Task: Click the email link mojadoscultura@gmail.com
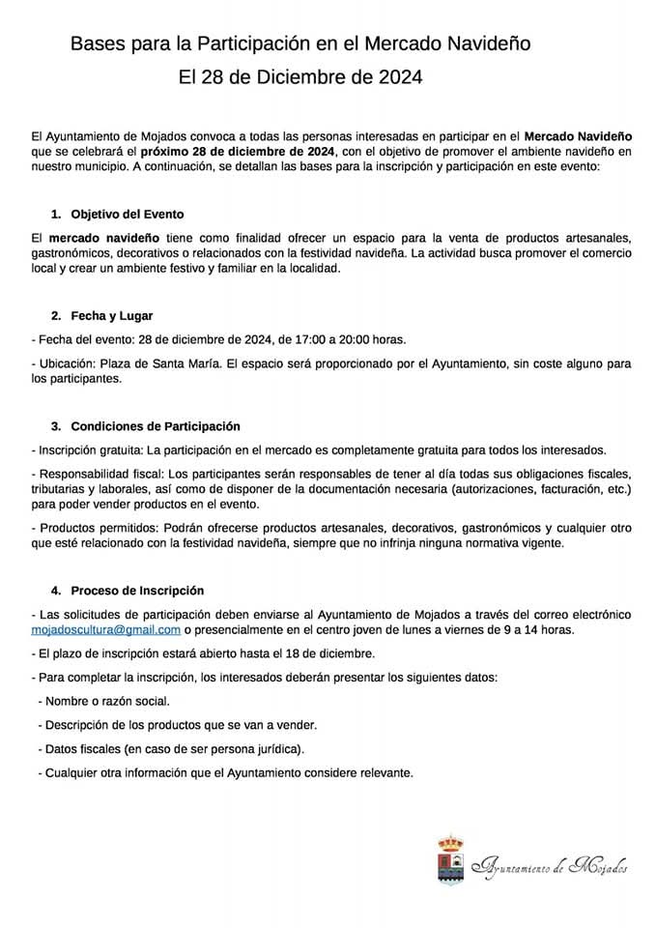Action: (106, 629)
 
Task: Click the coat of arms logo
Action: (449, 859)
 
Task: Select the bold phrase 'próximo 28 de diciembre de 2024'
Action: (238, 152)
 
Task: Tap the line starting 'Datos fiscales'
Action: (171, 748)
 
